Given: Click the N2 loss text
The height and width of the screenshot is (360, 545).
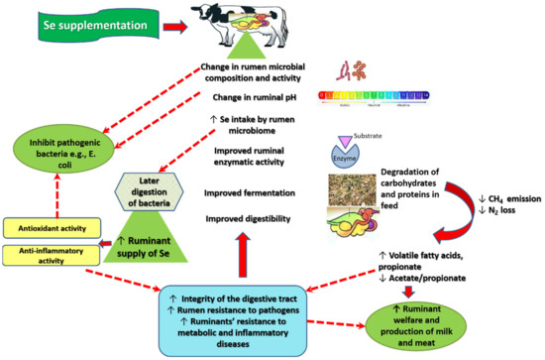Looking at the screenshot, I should (490, 214).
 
